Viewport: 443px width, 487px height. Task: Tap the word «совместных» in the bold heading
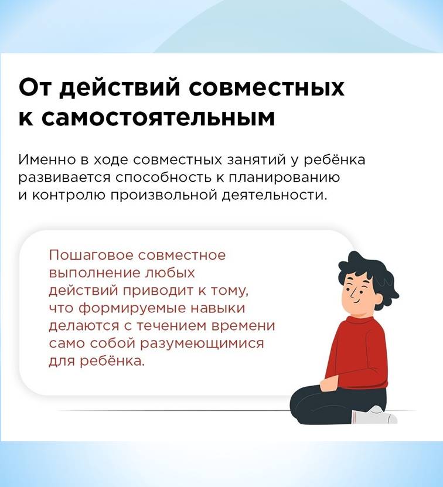click(x=267, y=88)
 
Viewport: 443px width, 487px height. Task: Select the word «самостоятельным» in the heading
click(x=158, y=118)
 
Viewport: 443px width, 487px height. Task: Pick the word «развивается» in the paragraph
click(x=64, y=178)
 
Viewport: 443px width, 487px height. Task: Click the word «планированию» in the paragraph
click(x=284, y=178)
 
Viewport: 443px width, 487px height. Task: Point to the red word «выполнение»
click(x=94, y=273)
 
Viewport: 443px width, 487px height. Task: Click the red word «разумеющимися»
click(x=202, y=344)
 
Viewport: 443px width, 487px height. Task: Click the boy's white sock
click(x=374, y=416)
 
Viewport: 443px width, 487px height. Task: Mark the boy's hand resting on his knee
click(x=328, y=384)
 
